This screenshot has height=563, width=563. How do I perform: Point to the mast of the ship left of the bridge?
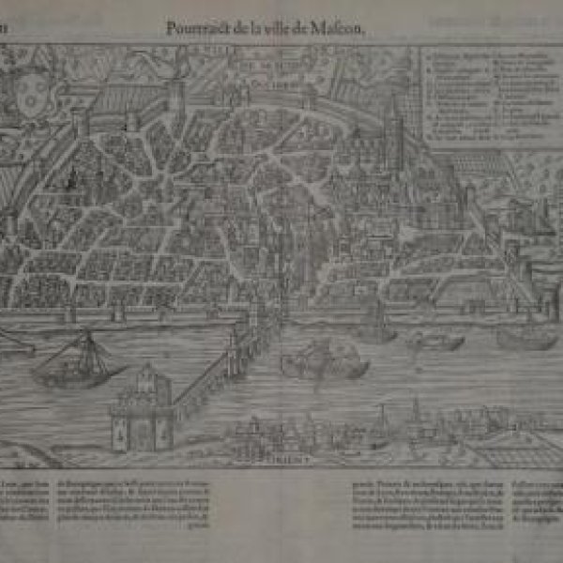[86, 345]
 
